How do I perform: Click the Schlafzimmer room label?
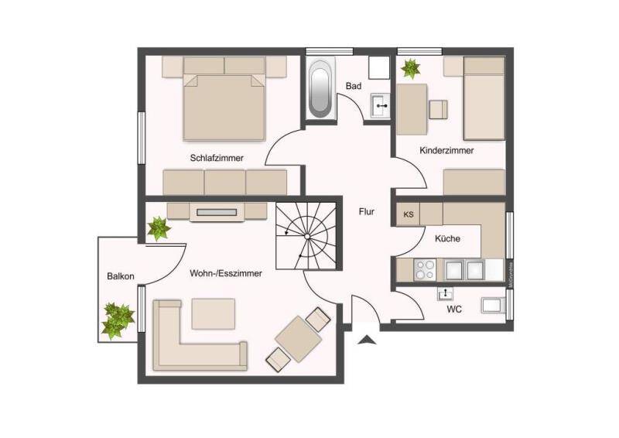(x=217, y=158)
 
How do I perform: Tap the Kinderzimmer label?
(x=446, y=150)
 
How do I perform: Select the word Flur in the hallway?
(x=367, y=210)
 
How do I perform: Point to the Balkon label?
(x=121, y=276)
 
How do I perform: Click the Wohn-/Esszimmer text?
(x=225, y=273)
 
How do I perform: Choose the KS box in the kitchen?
(x=408, y=214)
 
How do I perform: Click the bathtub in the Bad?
(x=320, y=91)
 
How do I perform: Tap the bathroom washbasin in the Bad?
(x=379, y=105)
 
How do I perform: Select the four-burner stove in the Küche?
(x=425, y=269)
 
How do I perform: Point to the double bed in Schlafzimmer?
(x=224, y=106)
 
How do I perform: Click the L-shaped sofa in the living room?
(x=190, y=340)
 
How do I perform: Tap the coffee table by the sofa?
(x=213, y=314)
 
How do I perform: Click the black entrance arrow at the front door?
(x=366, y=337)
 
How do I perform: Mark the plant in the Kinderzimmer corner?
(x=410, y=69)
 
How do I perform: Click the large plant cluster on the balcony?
(x=118, y=320)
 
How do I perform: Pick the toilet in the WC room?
(x=494, y=306)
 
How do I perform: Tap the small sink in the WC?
(x=446, y=293)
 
